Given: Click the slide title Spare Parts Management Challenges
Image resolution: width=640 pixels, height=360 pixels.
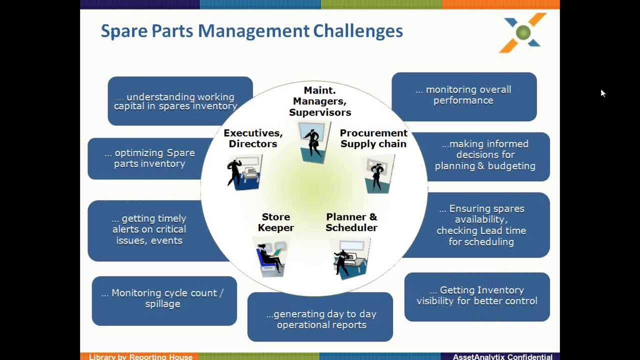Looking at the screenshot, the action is (251, 31).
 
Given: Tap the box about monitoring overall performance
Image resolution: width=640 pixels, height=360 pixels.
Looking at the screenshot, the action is (463, 95).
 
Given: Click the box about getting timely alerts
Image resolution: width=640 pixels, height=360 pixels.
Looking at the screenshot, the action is (149, 229).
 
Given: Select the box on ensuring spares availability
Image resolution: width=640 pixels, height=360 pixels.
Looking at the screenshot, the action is (481, 225).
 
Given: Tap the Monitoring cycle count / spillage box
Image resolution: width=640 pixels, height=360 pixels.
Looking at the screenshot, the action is (163, 298).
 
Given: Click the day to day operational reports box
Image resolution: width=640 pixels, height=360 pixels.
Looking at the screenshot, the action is (321, 319).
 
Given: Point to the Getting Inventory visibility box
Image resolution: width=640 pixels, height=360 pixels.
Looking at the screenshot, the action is (476, 295).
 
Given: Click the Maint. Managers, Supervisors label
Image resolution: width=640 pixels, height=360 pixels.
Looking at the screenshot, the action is (320, 101).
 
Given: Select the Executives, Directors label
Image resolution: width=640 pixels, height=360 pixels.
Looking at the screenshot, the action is (253, 138).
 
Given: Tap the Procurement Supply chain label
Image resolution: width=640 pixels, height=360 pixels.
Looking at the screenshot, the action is (373, 138).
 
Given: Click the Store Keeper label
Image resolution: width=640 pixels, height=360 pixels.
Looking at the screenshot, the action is (276, 222).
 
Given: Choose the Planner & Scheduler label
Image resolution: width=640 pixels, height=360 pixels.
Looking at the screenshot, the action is (351, 222).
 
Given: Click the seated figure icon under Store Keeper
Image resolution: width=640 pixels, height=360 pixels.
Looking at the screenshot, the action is (270, 258).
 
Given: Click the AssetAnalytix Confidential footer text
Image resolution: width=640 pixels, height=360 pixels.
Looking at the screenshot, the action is (502, 356).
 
